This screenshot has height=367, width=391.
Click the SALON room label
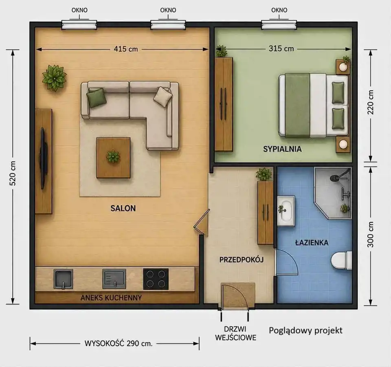123,208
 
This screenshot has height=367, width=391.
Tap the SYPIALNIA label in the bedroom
282,149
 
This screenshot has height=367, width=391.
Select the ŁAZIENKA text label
312,242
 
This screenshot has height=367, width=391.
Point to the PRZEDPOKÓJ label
242,260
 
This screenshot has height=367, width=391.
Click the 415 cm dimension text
126,49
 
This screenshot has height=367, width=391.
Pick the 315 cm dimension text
281,48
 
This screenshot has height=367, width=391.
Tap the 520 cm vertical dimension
13,173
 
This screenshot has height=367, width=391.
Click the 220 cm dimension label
371,102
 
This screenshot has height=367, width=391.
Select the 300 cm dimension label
371,234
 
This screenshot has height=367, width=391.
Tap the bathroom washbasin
286,211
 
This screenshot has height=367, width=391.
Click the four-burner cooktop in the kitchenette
156,279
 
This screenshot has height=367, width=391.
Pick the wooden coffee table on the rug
114,158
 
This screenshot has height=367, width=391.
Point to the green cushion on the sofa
97,98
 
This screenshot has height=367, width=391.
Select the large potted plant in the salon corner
54,78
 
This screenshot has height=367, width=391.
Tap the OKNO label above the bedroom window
279,10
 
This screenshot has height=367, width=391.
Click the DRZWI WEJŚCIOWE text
236,333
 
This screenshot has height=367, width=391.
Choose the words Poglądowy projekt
305,331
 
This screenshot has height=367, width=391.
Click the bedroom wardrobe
224,104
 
